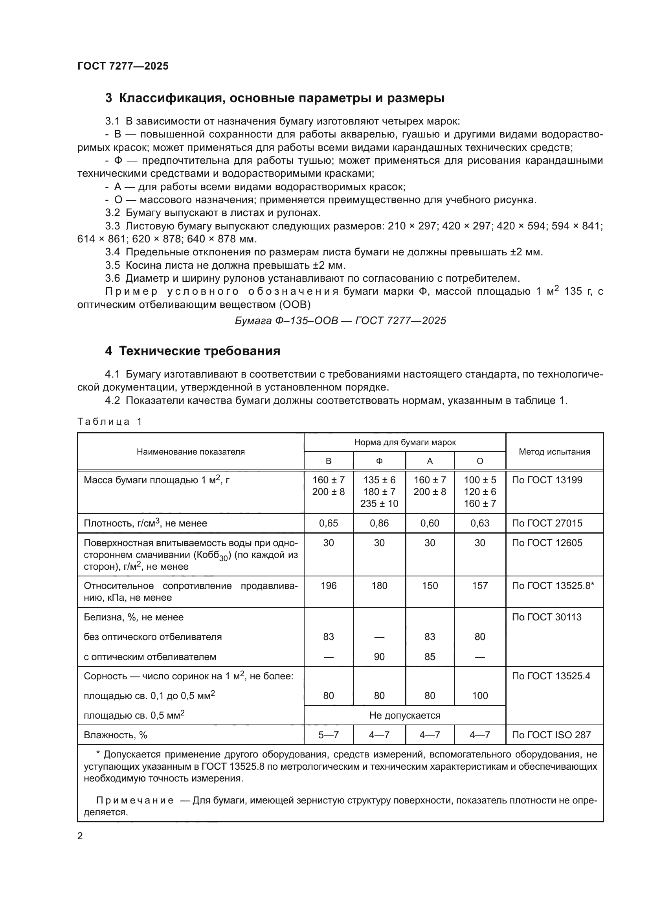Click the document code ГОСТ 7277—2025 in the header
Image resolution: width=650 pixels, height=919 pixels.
point(123,66)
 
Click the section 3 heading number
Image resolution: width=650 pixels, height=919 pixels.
point(108,98)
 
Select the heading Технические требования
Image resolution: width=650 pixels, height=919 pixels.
point(199,351)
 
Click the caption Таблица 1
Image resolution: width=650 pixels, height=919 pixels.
point(109,422)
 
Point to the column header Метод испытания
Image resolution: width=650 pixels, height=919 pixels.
point(554,451)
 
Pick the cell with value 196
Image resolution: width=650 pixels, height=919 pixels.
point(328,585)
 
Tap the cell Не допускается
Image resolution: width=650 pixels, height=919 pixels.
point(404,715)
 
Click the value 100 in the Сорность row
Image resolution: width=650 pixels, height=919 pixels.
point(479,696)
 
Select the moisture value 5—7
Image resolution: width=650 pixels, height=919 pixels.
point(328,735)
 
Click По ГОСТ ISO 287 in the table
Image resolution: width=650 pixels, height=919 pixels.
point(551,735)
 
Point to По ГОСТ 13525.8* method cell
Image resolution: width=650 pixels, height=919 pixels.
point(553,585)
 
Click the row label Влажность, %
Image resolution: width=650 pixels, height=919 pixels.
point(115,735)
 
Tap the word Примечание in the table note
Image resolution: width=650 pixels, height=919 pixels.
point(135,800)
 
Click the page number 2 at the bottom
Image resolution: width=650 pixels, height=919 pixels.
point(80,836)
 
